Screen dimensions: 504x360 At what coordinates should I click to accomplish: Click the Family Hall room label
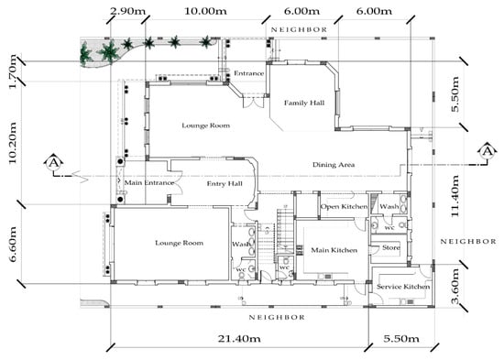point(304,104)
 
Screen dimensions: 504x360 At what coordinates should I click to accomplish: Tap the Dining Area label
point(334,165)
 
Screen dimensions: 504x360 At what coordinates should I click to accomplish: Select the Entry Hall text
point(225,184)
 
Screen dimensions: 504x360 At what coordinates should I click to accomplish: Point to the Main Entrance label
point(149,183)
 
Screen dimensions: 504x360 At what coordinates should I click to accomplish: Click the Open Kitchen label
point(344,207)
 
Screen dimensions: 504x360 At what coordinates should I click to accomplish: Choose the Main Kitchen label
point(334,250)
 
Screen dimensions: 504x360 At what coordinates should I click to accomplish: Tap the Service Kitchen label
point(403,287)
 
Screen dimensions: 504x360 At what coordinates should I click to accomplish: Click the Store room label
point(391,248)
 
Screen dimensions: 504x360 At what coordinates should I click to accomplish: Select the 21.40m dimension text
point(239,338)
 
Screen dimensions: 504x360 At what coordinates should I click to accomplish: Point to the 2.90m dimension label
point(127,11)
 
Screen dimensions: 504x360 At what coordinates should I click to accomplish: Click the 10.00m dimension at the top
point(205,11)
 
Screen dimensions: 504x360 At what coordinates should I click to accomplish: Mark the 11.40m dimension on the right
point(455,196)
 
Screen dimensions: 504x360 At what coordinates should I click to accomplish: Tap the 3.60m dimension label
point(455,287)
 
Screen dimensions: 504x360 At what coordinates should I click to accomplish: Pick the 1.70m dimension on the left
point(12,71)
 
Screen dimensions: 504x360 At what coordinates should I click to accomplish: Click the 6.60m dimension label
point(12,244)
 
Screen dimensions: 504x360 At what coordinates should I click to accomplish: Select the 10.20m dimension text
point(12,142)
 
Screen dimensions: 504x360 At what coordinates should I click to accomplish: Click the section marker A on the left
point(54,163)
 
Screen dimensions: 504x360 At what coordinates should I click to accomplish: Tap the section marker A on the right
point(488,151)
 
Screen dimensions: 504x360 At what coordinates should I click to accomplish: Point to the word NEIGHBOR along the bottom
point(277,317)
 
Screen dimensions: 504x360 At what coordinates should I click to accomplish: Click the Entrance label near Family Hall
point(248,73)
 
